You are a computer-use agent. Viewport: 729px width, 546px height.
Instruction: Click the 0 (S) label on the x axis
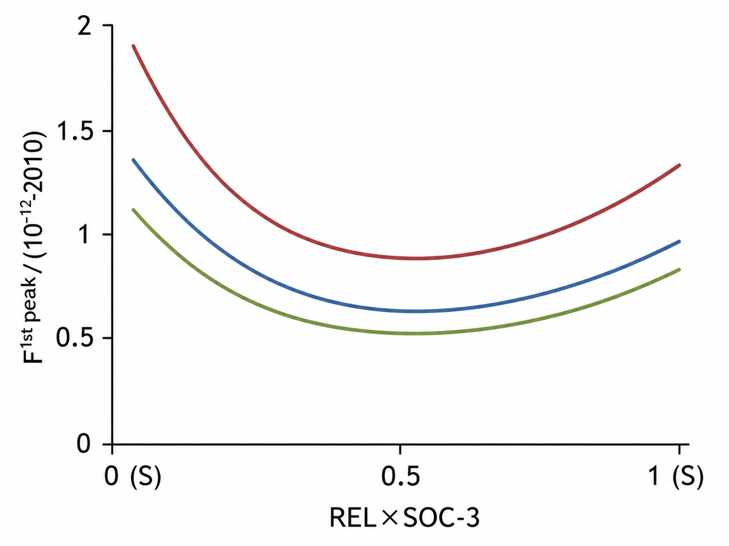[132, 477]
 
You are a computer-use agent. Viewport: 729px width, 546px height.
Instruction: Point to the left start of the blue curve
[133, 160]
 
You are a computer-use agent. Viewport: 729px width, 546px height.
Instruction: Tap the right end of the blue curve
[679, 241]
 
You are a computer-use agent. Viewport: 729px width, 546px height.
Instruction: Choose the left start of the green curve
[133, 210]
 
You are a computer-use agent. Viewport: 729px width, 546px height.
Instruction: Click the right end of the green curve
[679, 270]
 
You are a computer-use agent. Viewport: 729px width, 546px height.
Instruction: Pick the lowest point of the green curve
[415, 333]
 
